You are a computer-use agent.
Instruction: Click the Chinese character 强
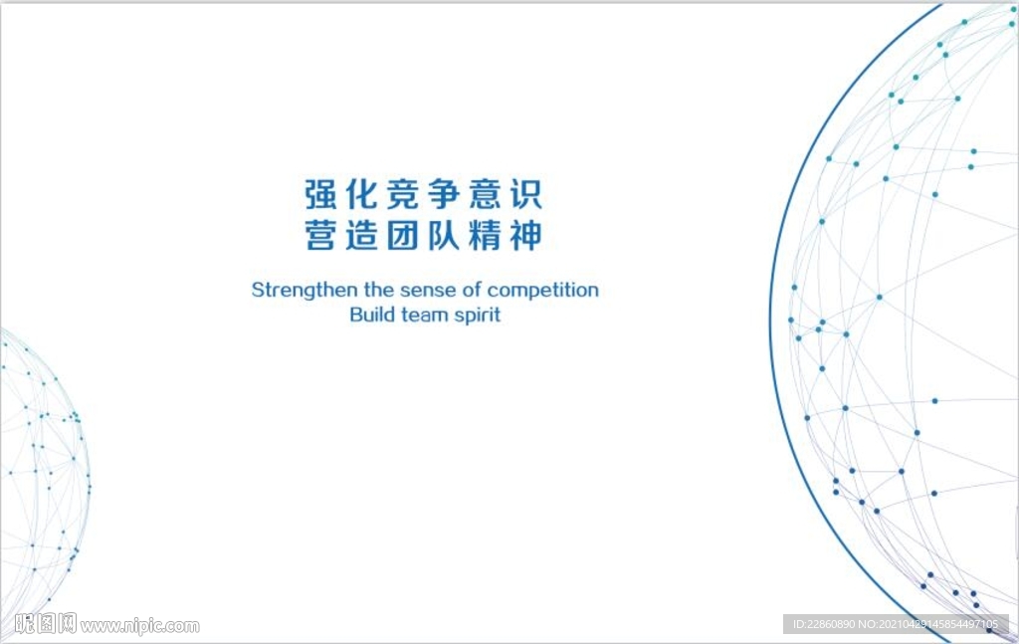tap(321, 194)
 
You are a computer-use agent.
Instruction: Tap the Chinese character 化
tap(361, 194)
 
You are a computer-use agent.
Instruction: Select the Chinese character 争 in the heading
tap(444, 194)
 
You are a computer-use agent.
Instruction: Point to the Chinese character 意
tap(486, 194)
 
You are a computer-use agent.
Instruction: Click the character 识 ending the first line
tap(525, 194)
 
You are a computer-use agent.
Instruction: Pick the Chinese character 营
tap(321, 235)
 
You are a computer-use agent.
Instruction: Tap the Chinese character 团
tap(403, 235)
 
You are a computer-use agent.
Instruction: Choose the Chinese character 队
tap(444, 235)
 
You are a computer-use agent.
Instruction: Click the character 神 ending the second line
tap(525, 235)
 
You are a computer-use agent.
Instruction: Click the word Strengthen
tap(305, 290)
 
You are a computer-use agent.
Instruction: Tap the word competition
tap(543, 291)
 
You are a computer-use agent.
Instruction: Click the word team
tap(425, 316)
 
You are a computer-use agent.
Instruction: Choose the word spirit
tap(478, 316)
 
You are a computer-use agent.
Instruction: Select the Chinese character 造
tap(361, 235)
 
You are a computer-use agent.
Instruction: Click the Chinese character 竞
tap(403, 194)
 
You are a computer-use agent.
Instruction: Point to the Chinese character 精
tap(486, 235)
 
